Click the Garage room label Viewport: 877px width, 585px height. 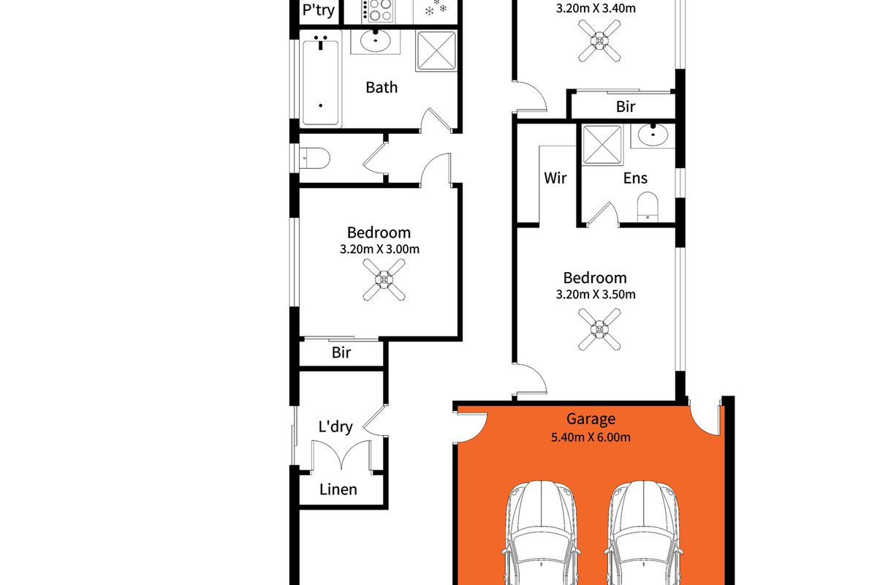tap(591, 419)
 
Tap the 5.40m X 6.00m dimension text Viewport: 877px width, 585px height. tap(591, 438)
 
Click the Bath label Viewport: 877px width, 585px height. tap(381, 88)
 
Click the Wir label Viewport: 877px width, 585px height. tap(555, 178)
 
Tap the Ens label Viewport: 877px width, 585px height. tap(635, 178)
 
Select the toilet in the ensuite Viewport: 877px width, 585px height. tap(648, 207)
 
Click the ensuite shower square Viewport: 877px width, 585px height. tap(601, 144)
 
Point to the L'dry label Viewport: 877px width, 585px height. tap(335, 426)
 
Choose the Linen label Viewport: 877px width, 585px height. tap(338, 489)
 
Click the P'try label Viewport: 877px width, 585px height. tap(319, 11)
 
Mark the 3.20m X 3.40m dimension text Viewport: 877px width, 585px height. tap(596, 9)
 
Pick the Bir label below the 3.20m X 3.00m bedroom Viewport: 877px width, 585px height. tap(341, 353)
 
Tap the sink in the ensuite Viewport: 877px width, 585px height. tap(652, 135)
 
